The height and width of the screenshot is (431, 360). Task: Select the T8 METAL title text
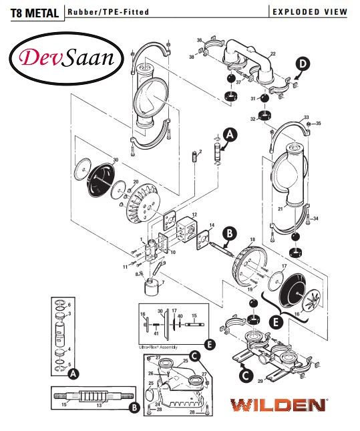point(31,11)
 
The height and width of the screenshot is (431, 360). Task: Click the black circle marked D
point(303,63)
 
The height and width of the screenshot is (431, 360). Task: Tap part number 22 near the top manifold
point(273,53)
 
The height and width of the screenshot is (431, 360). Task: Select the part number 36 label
point(199,41)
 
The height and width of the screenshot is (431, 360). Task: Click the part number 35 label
point(318,124)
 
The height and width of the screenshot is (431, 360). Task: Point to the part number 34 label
point(315,219)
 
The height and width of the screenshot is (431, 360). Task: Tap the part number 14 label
point(212,225)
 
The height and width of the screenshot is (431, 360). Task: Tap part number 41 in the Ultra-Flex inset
point(156,333)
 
